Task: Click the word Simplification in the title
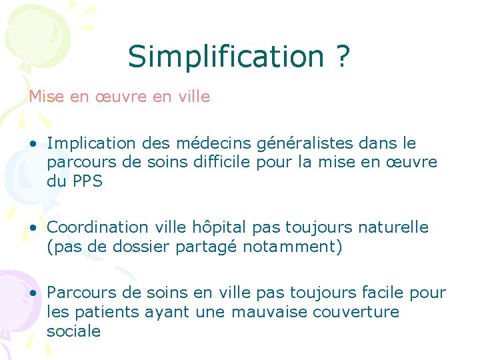tap(226, 56)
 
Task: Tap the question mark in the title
tap(342, 56)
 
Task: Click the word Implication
tap(91, 143)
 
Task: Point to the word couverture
tap(360, 311)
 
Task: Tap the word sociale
tap(73, 331)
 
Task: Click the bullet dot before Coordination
tap(33, 228)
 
